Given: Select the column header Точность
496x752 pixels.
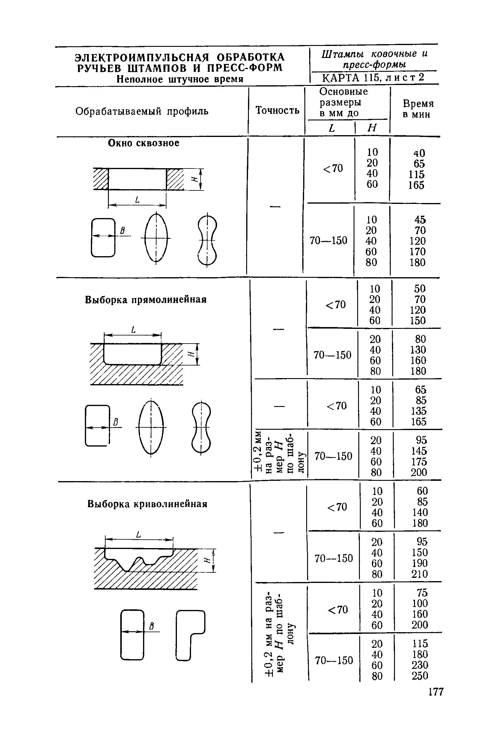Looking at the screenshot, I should click(277, 110).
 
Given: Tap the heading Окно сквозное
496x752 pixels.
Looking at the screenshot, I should click(144, 143).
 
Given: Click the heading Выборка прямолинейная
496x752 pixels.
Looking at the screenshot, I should click(145, 300).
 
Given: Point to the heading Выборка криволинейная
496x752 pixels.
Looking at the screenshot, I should click(147, 504).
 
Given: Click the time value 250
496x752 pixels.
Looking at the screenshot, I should click(420, 676).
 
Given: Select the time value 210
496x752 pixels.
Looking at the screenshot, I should click(420, 574).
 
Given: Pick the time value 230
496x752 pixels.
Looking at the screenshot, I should click(420, 665).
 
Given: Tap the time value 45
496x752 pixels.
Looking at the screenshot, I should click(420, 220).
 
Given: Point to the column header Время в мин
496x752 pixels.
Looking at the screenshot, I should click(418, 109).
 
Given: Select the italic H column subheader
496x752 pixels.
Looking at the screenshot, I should click(372, 128).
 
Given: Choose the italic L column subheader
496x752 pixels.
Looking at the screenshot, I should click(331, 128).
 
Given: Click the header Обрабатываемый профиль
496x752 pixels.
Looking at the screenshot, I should click(142, 111).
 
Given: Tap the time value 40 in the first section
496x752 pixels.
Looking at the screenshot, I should click(419, 153).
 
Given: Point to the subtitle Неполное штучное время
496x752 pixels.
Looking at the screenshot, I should click(180, 79).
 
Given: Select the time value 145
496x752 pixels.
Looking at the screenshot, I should click(419, 451).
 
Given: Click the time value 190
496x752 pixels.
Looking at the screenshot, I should click(420, 563).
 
